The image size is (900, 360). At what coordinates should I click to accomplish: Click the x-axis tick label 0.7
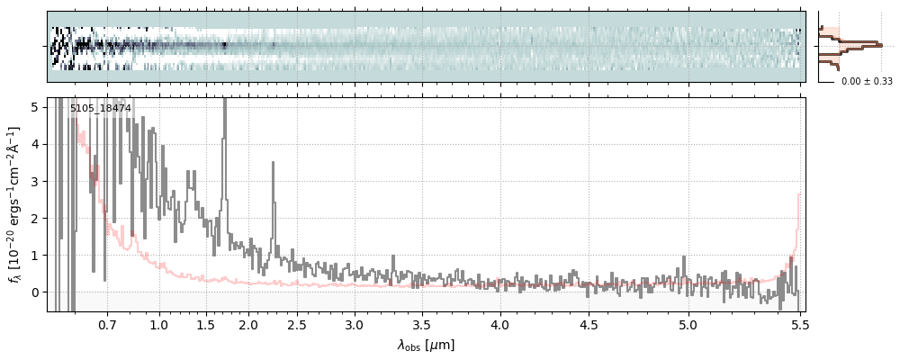pyautogui.click(x=107, y=324)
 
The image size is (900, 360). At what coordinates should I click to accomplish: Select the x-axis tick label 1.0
pyautogui.click(x=159, y=324)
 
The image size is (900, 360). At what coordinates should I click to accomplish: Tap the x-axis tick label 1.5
pyautogui.click(x=205, y=324)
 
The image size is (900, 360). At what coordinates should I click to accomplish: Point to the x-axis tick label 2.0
pyautogui.click(x=248, y=324)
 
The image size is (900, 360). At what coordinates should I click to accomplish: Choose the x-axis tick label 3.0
pyautogui.click(x=355, y=324)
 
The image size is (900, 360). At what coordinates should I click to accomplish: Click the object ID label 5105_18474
pyautogui.click(x=101, y=109)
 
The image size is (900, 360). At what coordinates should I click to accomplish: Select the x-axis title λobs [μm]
pyautogui.click(x=426, y=345)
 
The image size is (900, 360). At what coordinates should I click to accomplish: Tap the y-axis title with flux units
pyautogui.click(x=15, y=204)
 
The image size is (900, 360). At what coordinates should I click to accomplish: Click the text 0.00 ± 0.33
pyautogui.click(x=867, y=81)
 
